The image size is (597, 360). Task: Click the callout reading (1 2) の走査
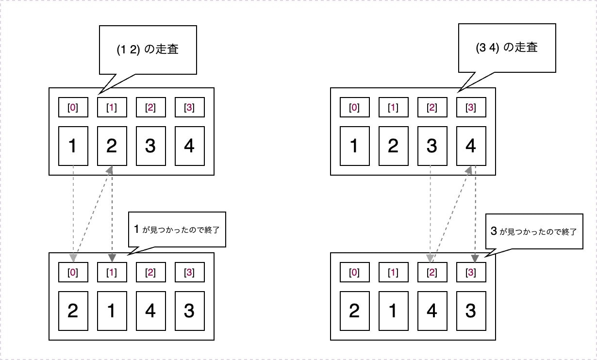coord(148,50)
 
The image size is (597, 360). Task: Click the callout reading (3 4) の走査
coord(507,49)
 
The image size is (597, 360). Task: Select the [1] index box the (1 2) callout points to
coord(112,107)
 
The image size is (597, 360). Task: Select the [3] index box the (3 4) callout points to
coord(471,107)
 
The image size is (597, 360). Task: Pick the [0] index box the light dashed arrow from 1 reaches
coord(73,272)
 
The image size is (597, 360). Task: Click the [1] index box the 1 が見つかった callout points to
coord(112,272)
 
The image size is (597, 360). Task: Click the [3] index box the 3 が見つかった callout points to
coord(471,272)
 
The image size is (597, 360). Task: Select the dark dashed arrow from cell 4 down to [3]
coord(474,213)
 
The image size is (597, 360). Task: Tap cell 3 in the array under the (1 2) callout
coord(150,146)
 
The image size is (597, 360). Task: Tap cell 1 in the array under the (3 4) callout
coord(354,146)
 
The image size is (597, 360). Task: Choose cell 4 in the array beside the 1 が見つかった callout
coord(150,311)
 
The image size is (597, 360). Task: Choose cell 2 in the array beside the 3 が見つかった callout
coord(354,311)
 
